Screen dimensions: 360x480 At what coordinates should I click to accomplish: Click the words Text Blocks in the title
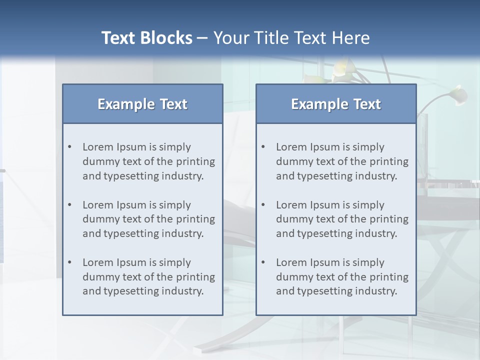[147, 38]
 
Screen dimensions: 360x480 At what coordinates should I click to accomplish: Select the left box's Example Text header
[142, 104]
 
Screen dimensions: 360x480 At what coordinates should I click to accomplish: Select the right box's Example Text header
[336, 104]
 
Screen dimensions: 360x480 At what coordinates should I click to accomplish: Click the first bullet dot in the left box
[70, 147]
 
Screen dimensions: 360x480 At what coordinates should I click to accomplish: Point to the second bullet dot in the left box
[70, 205]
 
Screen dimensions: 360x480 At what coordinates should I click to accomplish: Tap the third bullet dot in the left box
[70, 262]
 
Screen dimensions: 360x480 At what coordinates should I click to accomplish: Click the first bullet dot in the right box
[263, 147]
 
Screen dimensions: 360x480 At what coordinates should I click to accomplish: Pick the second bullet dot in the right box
[263, 205]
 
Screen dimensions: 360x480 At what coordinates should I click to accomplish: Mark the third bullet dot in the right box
[263, 262]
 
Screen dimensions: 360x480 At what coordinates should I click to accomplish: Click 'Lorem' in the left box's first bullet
[97, 147]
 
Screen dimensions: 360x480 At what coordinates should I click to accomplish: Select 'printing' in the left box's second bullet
[196, 219]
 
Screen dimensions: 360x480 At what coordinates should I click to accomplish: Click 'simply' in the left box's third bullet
[175, 262]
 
